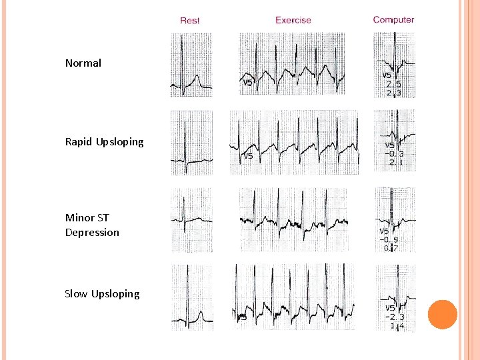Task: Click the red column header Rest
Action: pos(190,21)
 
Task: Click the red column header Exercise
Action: pos(293,20)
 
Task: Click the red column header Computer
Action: pos(393,20)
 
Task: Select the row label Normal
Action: pos(83,63)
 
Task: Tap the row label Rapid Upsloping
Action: pos(104,142)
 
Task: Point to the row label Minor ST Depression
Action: pos(92,225)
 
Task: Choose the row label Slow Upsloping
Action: pos(102,294)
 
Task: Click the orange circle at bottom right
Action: pos(442,315)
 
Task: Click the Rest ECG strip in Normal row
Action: pos(191,65)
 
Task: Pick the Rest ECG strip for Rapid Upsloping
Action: pos(191,143)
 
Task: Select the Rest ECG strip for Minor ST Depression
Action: pos(191,220)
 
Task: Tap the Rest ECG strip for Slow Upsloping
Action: pos(192,297)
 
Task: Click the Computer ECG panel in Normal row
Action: pos(394,65)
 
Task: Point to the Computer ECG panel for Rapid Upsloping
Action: pos(394,142)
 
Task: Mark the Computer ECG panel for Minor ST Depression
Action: pos(394,220)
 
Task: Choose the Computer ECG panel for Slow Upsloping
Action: pos(394,298)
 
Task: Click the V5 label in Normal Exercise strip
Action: pos(247,83)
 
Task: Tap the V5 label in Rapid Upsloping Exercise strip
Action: pos(247,157)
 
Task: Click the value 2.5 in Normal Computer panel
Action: pos(394,85)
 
